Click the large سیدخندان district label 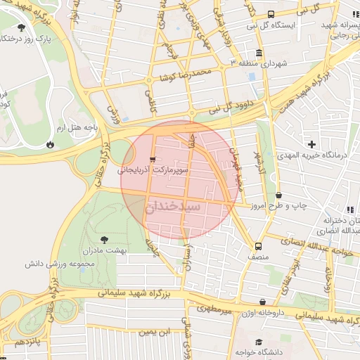pos(174,208)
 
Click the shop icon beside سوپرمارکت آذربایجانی pos(153,160)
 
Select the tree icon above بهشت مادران pos(105,240)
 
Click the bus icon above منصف pos(259,246)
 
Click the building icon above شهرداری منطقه pos(259,53)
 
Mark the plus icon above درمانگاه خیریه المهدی pos(312,144)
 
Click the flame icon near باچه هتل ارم pos(50,144)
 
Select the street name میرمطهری pos(214,307)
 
